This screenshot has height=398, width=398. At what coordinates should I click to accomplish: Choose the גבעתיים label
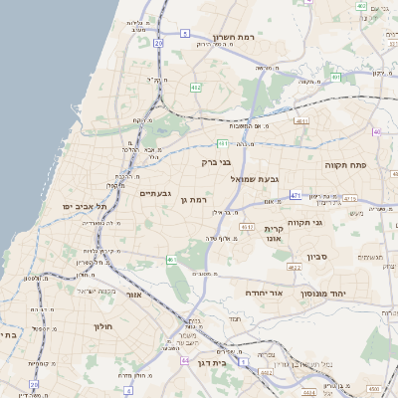click(x=157, y=193)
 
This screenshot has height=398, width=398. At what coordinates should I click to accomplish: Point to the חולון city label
click(x=104, y=326)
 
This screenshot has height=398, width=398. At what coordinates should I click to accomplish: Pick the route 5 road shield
click(x=185, y=34)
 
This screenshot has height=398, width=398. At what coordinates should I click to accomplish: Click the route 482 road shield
click(x=196, y=89)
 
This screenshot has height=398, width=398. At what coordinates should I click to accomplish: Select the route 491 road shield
click(x=297, y=195)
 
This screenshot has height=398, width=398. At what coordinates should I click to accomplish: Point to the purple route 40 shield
click(x=376, y=131)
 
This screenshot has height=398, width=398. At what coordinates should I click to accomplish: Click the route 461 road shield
click(x=170, y=260)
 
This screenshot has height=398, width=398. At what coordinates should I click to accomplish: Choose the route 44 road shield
click(x=185, y=359)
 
